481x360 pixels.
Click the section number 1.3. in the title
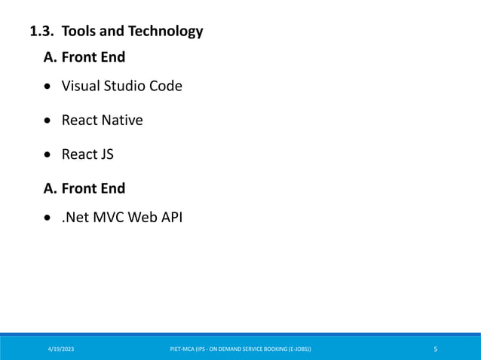(x=42, y=32)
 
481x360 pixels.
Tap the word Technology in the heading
(x=165, y=32)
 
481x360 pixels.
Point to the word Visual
(x=81, y=86)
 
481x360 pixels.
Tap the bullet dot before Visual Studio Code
(x=48, y=87)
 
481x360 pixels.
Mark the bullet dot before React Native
(x=48, y=121)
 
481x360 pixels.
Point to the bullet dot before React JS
(x=48, y=155)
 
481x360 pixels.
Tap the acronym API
(x=170, y=218)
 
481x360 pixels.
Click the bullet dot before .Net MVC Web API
(x=48, y=219)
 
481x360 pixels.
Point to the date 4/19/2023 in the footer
(x=61, y=349)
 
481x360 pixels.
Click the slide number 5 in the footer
(x=436, y=349)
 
